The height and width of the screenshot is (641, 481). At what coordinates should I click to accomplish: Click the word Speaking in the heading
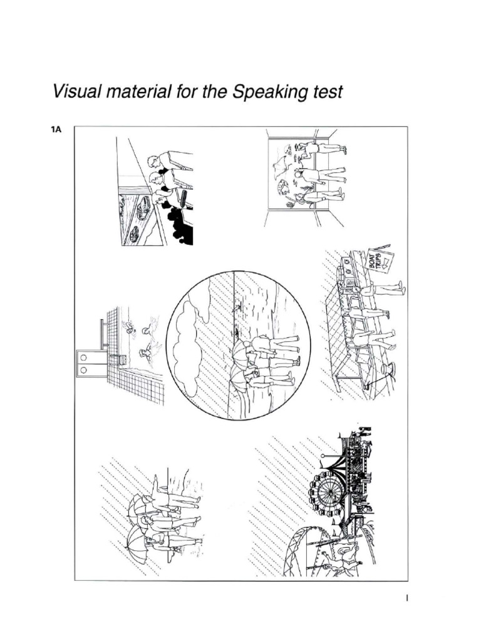tap(269, 93)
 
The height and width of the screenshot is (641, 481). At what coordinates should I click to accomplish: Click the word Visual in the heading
tap(75, 92)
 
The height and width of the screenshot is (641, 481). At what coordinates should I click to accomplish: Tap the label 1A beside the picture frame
tap(56, 130)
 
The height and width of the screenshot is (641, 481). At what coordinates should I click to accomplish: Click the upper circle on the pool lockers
tap(83, 357)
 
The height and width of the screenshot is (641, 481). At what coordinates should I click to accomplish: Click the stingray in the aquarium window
tap(281, 163)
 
